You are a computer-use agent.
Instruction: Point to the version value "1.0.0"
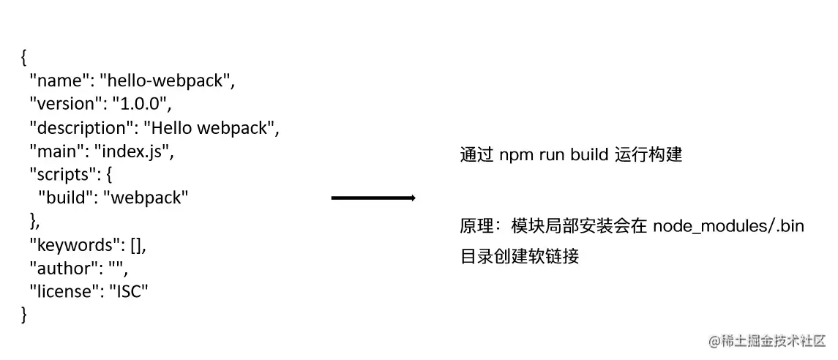click(x=139, y=105)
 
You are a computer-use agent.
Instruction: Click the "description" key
click(x=78, y=128)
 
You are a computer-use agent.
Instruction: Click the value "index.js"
click(x=134, y=151)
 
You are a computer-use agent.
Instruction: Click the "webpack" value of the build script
click(x=146, y=198)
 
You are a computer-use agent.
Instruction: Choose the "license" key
click(x=63, y=291)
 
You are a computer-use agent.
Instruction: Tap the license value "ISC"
click(x=129, y=291)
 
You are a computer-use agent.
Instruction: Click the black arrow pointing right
click(x=373, y=198)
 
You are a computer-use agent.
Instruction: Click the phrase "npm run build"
click(x=545, y=155)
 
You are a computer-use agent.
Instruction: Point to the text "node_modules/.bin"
click(x=727, y=226)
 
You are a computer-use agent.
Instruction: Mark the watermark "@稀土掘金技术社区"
click(x=767, y=340)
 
